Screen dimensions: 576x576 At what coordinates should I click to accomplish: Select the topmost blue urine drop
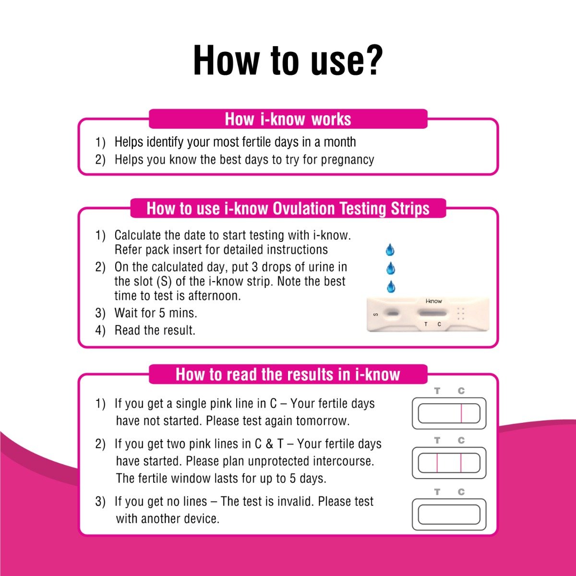390,250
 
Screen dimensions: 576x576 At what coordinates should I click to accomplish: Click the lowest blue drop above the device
391,287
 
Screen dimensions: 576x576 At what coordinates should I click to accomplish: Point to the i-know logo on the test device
433,301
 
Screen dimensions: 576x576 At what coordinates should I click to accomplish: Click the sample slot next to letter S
393,314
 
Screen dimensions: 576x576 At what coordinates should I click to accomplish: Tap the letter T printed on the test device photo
426,324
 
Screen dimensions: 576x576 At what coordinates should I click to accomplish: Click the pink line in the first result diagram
461,413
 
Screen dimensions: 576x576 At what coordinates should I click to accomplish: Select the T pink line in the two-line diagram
437,463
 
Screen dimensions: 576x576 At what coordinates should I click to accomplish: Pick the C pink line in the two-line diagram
461,463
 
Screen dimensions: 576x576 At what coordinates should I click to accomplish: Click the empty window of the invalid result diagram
449,515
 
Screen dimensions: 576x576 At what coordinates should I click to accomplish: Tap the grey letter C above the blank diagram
461,492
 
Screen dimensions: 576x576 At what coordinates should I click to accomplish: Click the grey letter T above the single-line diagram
437,391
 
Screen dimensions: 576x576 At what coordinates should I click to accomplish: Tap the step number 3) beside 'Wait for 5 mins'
100,313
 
